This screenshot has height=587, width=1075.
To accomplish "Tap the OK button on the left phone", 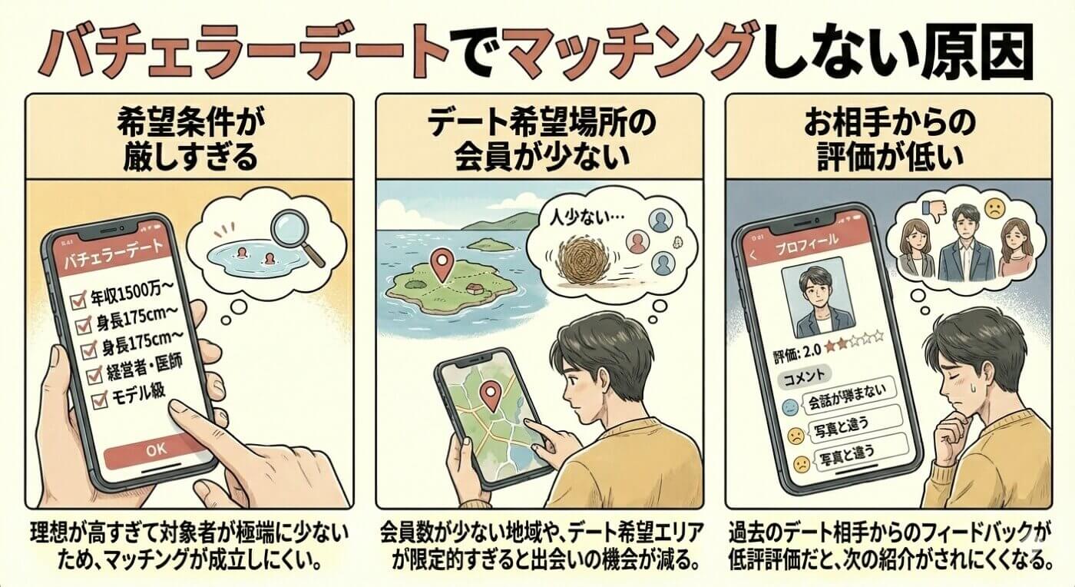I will coord(154,449).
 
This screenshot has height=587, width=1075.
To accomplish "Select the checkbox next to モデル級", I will coord(98,400).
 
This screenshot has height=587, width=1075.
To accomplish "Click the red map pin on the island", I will coord(441,265).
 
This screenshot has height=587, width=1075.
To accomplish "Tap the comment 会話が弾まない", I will coord(850,405).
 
